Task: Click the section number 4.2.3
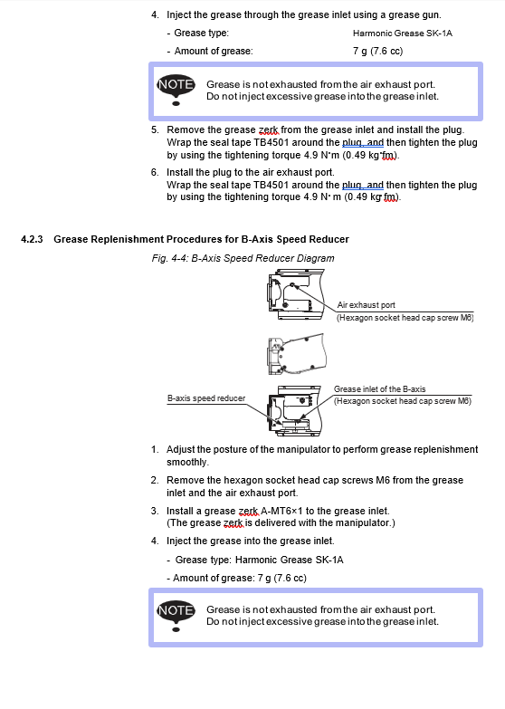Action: click(32, 239)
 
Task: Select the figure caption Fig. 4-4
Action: click(243, 258)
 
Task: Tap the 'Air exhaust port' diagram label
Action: click(367, 305)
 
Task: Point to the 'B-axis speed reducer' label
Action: click(206, 398)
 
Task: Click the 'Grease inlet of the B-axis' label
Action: click(380, 388)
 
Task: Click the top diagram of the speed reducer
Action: click(296, 294)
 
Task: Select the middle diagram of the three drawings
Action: click(297, 354)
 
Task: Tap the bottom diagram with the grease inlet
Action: click(294, 410)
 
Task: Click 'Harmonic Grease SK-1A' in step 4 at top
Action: click(403, 33)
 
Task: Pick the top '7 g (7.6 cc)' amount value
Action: click(377, 51)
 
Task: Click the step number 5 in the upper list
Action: click(155, 129)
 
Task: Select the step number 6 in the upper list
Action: click(155, 172)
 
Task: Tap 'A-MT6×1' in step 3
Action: click(281, 511)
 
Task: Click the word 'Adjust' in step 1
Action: click(180, 449)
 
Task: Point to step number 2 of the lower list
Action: click(155, 480)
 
